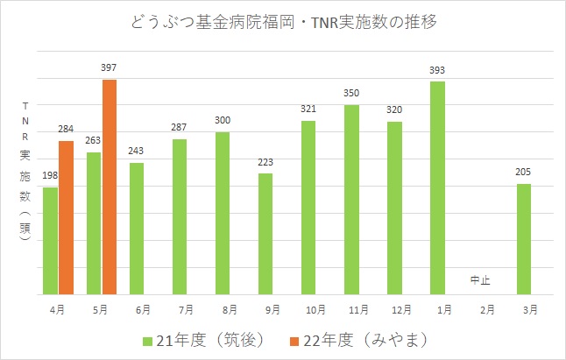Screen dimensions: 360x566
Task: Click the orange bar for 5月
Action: pos(110,187)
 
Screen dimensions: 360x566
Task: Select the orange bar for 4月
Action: pos(66,218)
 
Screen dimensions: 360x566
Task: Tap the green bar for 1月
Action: pos(438,187)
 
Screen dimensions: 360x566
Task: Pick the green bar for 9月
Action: pos(265,234)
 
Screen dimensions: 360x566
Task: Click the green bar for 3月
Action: pos(524,239)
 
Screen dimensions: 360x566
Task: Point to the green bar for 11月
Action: pos(352,200)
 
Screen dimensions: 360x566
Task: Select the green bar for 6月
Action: pos(137,229)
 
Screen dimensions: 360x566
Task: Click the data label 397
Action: pos(109,68)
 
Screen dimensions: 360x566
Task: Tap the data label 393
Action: pos(438,70)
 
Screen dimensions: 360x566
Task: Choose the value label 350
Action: pos(352,94)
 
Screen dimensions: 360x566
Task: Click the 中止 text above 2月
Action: pos(480,280)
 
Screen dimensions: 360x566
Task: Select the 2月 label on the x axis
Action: pos(481,310)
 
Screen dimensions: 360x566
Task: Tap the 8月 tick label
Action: pos(223,310)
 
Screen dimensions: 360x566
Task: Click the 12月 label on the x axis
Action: pos(395,310)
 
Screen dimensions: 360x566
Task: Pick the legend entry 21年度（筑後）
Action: pos(202,337)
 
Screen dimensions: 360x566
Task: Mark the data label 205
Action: pos(524,173)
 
